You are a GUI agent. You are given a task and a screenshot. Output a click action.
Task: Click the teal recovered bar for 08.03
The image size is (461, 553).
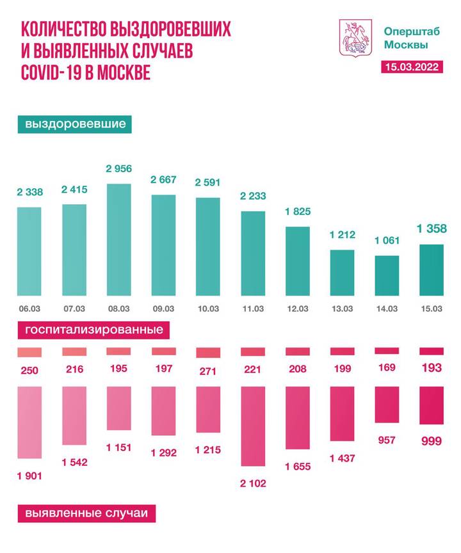pyautogui.click(x=118, y=239)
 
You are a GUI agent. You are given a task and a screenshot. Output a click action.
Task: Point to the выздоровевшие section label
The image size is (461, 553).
pyautogui.click(x=76, y=124)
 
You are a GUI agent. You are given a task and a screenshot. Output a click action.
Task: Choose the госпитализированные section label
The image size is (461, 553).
pyautogui.click(x=93, y=330)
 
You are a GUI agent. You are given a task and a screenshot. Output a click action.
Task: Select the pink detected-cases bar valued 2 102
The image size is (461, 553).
pyautogui.click(x=252, y=426)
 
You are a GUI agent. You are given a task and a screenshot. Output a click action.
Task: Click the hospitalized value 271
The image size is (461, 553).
pyautogui.click(x=208, y=371)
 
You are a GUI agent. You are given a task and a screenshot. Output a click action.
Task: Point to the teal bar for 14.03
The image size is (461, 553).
pyautogui.click(x=387, y=275)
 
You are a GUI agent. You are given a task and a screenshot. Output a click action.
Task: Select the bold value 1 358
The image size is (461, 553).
pyautogui.click(x=431, y=228)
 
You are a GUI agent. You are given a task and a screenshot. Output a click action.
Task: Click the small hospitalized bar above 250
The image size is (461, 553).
pyautogui.click(x=29, y=352)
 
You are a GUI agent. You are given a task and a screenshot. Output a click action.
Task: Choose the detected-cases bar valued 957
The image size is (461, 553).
pyautogui.click(x=387, y=405)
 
